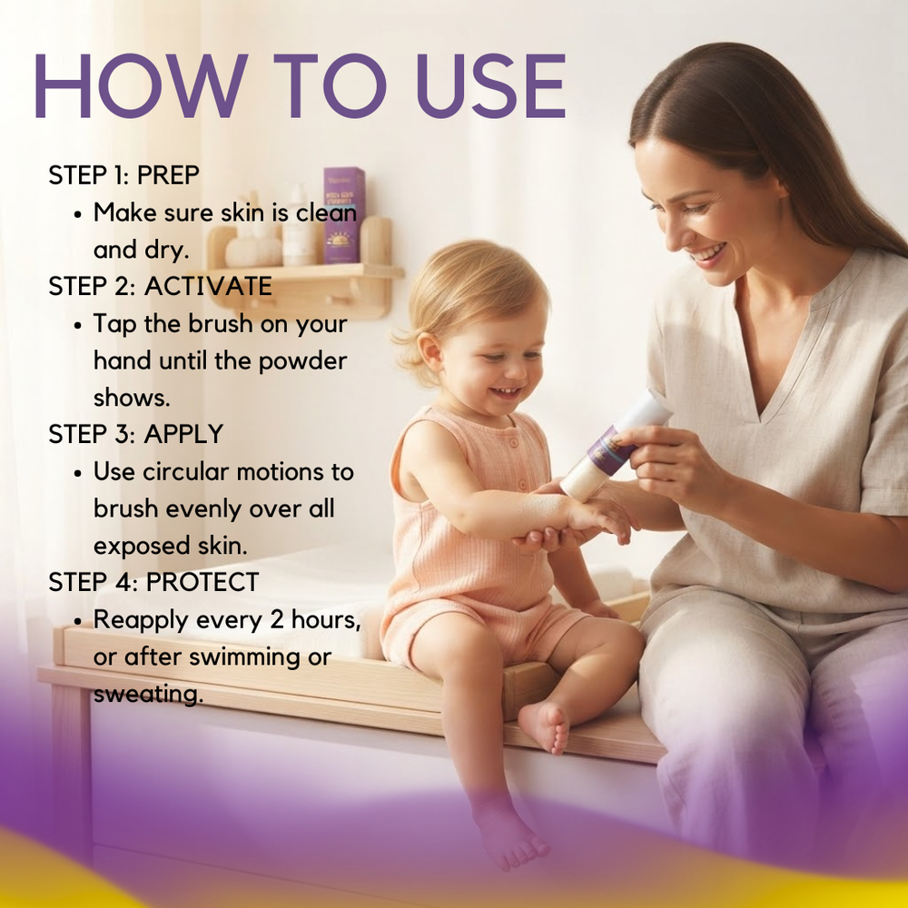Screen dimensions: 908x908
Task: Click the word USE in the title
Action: coord(490,85)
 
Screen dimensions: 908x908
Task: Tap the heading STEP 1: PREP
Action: coord(123,175)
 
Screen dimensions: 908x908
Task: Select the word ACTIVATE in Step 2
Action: coord(209,286)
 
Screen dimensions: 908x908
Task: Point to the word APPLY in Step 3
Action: coord(183,434)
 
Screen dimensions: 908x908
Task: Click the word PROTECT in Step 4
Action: coord(202,582)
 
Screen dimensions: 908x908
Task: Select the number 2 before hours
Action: coord(277,619)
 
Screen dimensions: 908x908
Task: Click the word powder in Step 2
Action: coord(302,362)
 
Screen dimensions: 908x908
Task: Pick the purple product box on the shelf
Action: coord(344,215)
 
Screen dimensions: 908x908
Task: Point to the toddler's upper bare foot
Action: coord(544,726)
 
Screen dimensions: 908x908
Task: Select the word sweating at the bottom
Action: coord(148,694)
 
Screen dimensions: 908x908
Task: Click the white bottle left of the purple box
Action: coord(298,226)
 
